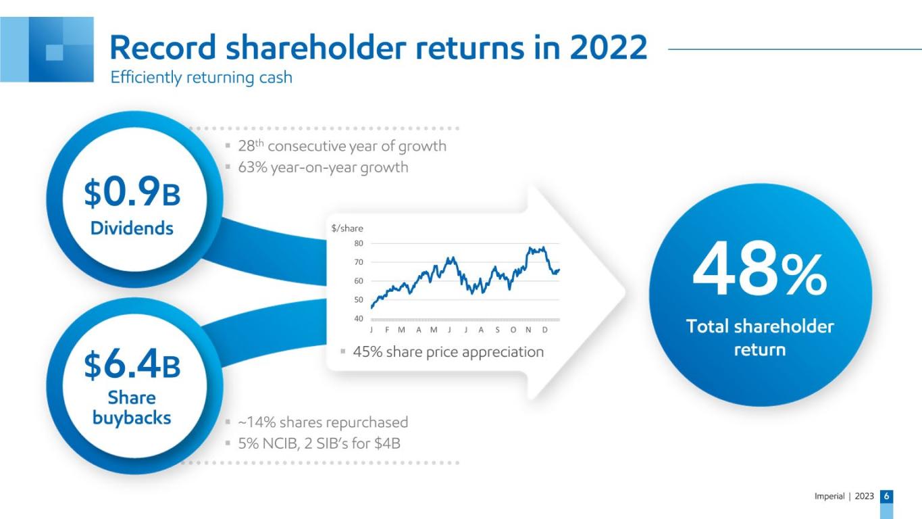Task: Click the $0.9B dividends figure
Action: [x=132, y=192]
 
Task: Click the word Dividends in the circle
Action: [x=132, y=228]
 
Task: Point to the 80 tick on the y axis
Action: [x=359, y=243]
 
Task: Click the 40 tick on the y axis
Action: [x=359, y=318]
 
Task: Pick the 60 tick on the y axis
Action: [x=359, y=281]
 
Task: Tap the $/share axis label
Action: [x=347, y=228]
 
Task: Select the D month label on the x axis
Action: [x=545, y=330]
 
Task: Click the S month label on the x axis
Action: [x=498, y=330]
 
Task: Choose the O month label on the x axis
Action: [x=513, y=330]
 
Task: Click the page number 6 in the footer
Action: [x=887, y=496]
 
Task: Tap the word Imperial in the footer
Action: [x=829, y=496]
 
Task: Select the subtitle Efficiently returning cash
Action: [x=201, y=77]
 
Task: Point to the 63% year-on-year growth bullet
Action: [x=323, y=168]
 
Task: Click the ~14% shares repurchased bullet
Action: [x=323, y=422]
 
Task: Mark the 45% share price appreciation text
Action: [x=449, y=352]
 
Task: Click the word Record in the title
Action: [x=163, y=47]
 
